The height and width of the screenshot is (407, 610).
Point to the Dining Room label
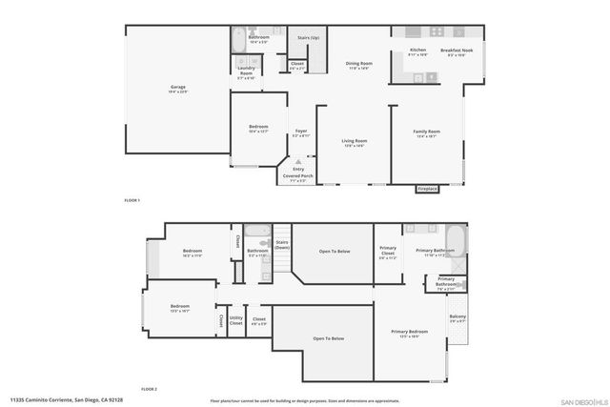click(358, 65)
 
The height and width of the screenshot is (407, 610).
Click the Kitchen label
click(417, 51)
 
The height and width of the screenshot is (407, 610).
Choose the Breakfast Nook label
click(449, 51)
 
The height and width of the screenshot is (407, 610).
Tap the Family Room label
click(426, 133)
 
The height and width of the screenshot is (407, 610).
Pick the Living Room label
click(355, 143)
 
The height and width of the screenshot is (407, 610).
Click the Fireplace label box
click(428, 189)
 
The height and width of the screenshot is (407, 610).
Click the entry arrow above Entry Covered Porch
click(298, 162)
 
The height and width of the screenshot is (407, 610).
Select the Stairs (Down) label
click(282, 245)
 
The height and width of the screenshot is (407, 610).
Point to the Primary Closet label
click(388, 254)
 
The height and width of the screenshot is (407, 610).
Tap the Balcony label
click(457, 317)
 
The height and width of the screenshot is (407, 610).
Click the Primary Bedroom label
click(409, 333)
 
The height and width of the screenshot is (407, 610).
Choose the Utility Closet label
click(236, 322)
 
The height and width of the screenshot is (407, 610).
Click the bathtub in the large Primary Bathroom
click(456, 235)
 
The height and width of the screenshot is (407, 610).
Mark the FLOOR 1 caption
click(132, 200)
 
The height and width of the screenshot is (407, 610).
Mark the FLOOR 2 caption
click(148, 389)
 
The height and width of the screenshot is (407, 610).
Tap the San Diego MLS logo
click(582, 400)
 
